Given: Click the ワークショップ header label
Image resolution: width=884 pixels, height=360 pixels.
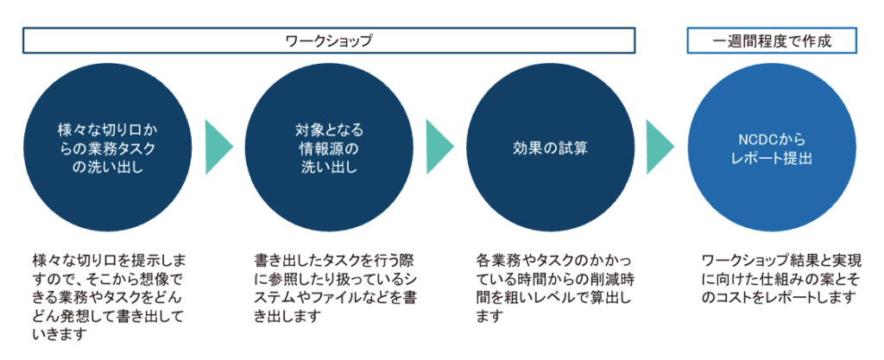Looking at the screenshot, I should (x=330, y=41).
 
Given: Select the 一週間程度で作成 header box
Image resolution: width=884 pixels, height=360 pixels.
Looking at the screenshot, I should (x=772, y=41).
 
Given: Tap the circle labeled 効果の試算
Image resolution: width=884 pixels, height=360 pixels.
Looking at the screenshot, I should (x=551, y=148).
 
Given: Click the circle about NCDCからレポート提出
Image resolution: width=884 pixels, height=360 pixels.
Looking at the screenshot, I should (x=772, y=148).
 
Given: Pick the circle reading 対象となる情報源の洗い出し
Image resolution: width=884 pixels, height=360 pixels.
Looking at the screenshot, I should (x=329, y=148).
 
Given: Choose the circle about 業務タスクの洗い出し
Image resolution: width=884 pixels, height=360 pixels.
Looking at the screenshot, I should (x=108, y=148).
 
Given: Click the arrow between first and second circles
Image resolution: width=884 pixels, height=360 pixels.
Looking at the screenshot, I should (x=218, y=148).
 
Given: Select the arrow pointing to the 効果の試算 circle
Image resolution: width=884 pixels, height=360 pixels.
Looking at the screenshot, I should (x=439, y=148).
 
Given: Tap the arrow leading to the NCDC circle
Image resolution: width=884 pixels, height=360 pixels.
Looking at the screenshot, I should (x=660, y=148).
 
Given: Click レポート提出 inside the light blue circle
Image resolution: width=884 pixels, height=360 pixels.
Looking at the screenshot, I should (x=771, y=159).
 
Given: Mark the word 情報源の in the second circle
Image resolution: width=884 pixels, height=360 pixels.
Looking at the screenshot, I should (x=329, y=148).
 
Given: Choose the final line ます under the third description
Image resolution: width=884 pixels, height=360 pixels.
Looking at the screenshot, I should (x=488, y=316).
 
